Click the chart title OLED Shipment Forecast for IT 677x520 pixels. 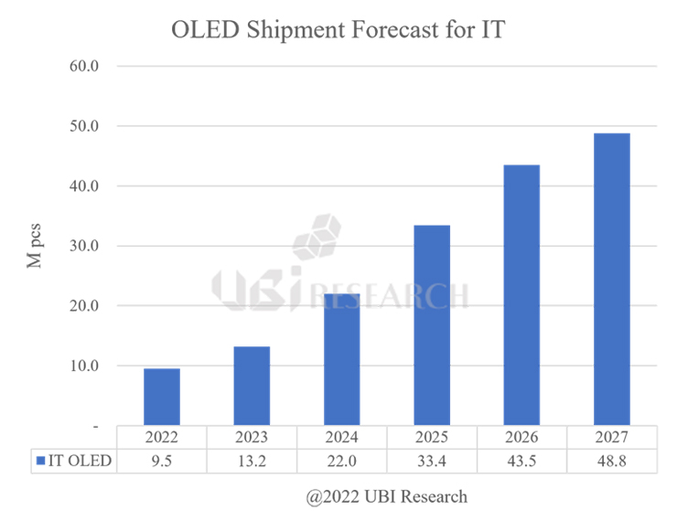(x=338, y=29)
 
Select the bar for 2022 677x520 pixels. (x=161, y=397)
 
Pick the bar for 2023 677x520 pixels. (x=252, y=386)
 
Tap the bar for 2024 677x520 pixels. (x=341, y=359)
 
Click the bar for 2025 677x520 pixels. (x=432, y=325)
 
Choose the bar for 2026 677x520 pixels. (x=521, y=295)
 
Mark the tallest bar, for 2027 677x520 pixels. (x=611, y=279)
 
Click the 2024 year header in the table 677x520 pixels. (x=341, y=438)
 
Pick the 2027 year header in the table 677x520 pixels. (x=611, y=438)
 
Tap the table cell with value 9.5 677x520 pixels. (x=161, y=461)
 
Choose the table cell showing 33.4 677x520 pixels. (x=432, y=461)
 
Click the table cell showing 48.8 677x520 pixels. (x=611, y=461)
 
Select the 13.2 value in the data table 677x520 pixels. (x=252, y=461)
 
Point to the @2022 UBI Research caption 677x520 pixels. (x=387, y=497)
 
